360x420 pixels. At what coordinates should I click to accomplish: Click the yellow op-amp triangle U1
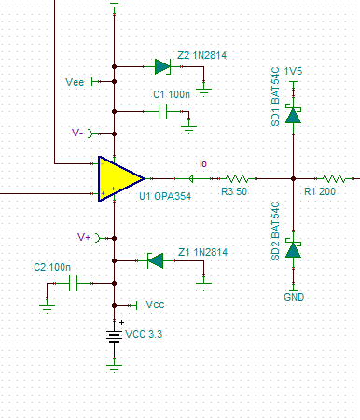[x=118, y=178]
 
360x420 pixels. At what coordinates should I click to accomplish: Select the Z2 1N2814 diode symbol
[x=162, y=66]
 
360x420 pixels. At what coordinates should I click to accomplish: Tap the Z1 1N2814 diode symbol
[x=155, y=260]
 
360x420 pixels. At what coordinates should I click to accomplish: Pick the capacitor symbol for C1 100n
[x=162, y=111]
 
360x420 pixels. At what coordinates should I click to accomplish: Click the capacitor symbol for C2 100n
[x=74, y=283]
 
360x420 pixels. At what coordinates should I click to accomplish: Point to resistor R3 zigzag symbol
[x=237, y=178]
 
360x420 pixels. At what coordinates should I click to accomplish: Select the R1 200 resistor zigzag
[x=334, y=178]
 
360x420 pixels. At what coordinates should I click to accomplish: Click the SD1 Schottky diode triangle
[x=293, y=115]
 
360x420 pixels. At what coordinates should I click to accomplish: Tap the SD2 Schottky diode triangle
[x=293, y=249]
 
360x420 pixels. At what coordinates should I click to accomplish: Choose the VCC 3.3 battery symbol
[x=114, y=337]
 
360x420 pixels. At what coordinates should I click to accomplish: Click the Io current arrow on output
[x=190, y=178]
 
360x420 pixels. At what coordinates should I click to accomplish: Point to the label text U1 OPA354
[x=165, y=196]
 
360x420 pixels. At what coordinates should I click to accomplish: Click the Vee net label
[x=75, y=82]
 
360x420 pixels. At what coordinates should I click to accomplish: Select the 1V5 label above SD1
[x=293, y=71]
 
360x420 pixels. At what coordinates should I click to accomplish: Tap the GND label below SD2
[x=294, y=297]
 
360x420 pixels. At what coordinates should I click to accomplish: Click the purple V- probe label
[x=77, y=133]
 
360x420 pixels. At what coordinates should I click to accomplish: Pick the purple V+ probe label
[x=84, y=237]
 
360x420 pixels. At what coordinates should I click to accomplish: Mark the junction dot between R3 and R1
[x=293, y=178]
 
